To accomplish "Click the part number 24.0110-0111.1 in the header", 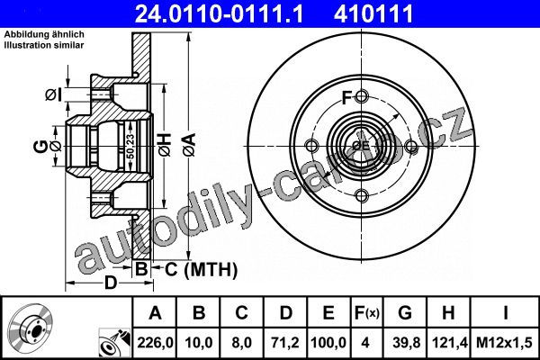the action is tap(219, 13).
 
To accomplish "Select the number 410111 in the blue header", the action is tap(373, 13).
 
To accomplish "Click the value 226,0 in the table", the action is tap(155, 343).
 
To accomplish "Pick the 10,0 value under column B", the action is tap(198, 343).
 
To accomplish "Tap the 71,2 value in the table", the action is tap(285, 343).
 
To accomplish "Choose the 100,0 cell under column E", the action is tap(328, 343).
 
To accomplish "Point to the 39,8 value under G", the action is tap(407, 343).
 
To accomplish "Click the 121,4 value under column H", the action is tap(449, 343).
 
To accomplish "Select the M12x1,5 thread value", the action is tap(504, 343).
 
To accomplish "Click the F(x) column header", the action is tap(366, 313).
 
